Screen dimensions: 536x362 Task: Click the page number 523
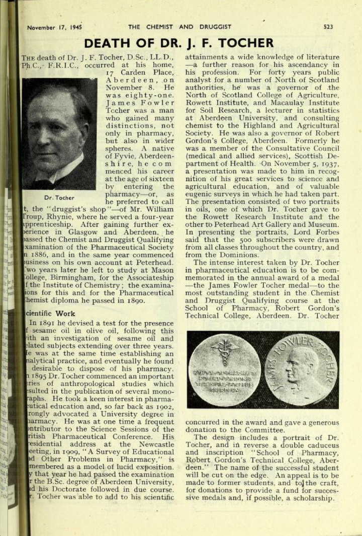(x=328, y=27)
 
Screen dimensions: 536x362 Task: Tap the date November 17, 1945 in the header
(x=54, y=27)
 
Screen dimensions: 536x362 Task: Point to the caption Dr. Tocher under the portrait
(x=59, y=198)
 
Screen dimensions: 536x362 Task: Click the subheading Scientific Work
(x=50, y=314)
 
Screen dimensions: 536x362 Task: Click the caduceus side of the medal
(x=224, y=369)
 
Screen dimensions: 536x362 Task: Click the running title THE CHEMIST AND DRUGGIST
(x=179, y=27)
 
